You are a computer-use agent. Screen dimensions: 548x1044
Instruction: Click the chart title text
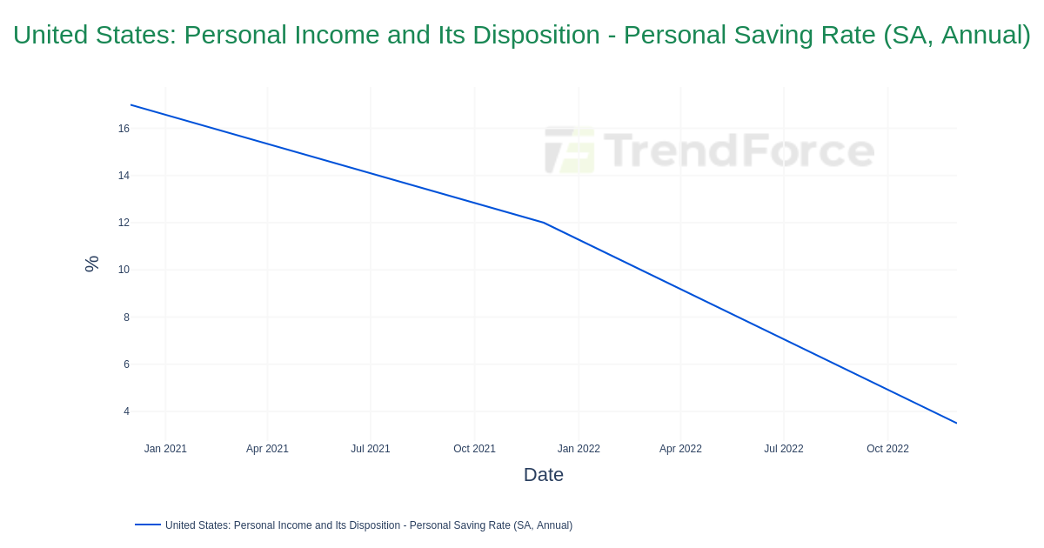tap(521, 35)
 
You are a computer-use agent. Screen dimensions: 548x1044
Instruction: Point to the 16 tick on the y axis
tap(124, 129)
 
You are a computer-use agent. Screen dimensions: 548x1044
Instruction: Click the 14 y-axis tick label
tap(124, 176)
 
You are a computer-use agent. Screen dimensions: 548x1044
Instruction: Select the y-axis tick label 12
tap(124, 223)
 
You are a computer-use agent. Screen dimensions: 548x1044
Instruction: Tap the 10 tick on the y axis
tap(124, 270)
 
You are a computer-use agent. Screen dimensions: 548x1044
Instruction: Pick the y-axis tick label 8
tap(126, 317)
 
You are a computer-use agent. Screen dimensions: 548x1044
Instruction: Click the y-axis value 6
tap(126, 364)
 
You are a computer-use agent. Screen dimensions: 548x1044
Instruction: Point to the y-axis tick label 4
tap(126, 411)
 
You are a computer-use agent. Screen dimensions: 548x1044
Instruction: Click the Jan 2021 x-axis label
tap(165, 449)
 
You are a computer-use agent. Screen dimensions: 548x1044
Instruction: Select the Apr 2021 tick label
tap(267, 449)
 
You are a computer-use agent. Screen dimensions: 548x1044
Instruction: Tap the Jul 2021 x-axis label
tap(371, 449)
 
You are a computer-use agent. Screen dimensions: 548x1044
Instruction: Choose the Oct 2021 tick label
tap(474, 449)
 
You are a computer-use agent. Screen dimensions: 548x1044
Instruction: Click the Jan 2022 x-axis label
tap(579, 449)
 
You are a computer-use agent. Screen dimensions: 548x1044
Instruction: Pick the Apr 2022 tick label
tap(680, 449)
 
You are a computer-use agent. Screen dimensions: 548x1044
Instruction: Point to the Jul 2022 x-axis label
tap(784, 449)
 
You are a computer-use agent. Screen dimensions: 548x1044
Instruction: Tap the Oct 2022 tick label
tap(887, 449)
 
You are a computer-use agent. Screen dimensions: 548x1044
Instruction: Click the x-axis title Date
tap(544, 475)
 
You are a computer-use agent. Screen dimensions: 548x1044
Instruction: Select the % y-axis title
tap(91, 264)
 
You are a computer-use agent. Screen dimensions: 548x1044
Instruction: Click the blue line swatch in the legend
tap(148, 525)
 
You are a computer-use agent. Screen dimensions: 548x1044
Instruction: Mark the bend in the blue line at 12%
tap(543, 223)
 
